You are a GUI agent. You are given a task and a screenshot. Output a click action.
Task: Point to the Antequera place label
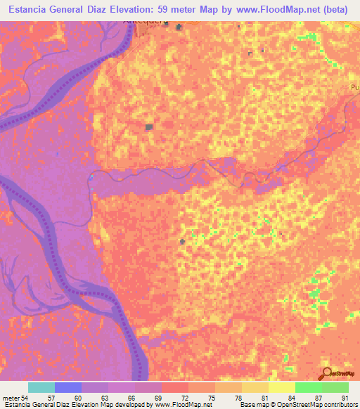tap(144, 21)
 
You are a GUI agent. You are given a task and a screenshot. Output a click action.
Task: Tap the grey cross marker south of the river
tap(183, 242)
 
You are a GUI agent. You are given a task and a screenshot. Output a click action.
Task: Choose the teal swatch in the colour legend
tap(41, 387)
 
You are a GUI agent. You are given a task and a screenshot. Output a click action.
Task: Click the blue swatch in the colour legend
tap(68, 387)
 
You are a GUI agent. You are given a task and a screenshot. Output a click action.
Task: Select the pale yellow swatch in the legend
tap(281, 387)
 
